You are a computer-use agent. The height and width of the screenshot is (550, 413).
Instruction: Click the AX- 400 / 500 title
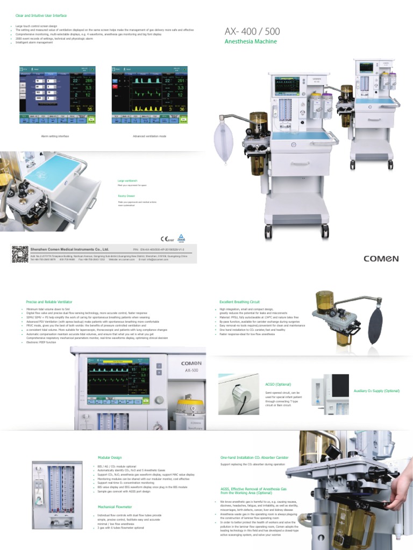click(252, 32)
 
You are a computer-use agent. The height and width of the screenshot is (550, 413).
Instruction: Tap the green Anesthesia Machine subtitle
click(251, 41)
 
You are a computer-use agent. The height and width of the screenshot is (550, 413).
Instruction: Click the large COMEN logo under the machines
click(381, 258)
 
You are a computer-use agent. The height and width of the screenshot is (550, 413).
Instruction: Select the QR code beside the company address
click(19, 253)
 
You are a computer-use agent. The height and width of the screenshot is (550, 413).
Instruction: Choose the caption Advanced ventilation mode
click(149, 136)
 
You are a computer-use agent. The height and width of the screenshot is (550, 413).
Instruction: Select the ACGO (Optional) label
click(278, 385)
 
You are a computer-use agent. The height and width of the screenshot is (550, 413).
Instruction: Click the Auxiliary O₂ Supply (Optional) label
click(376, 390)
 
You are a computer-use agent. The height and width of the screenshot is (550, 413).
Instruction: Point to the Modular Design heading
click(110, 458)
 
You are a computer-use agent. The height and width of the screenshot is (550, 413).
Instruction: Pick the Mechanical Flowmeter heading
click(115, 506)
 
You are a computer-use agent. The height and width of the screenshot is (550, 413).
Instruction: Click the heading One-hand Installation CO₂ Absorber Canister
click(254, 458)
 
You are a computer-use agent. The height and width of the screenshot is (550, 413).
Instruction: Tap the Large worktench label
click(128, 181)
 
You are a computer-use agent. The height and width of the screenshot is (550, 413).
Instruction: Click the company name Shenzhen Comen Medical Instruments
click(70, 249)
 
